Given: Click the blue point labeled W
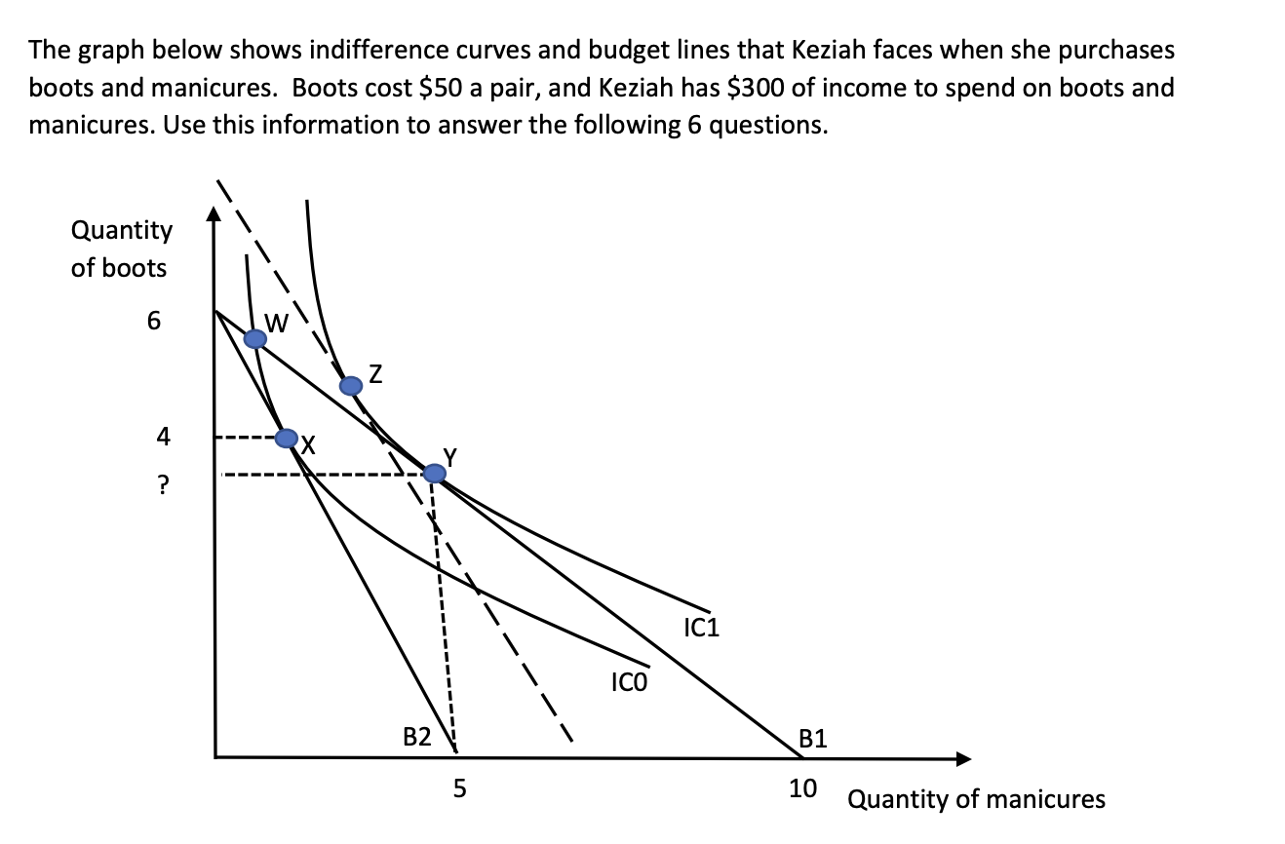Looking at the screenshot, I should point(254,338).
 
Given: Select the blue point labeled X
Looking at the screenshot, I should point(286,439).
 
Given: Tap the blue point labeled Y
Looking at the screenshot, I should point(435,474).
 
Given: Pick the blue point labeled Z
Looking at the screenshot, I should point(350,385).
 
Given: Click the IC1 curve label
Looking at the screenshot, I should point(702,628).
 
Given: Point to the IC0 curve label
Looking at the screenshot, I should point(629,681).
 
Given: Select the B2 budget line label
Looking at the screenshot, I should point(417,737).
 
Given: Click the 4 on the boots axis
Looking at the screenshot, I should point(163,438).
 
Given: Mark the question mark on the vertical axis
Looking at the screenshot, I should point(163,484).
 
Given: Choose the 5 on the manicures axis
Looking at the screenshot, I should point(460,787).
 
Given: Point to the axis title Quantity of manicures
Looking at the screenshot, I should point(976,800).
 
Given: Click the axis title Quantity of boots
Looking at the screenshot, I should point(121,249).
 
